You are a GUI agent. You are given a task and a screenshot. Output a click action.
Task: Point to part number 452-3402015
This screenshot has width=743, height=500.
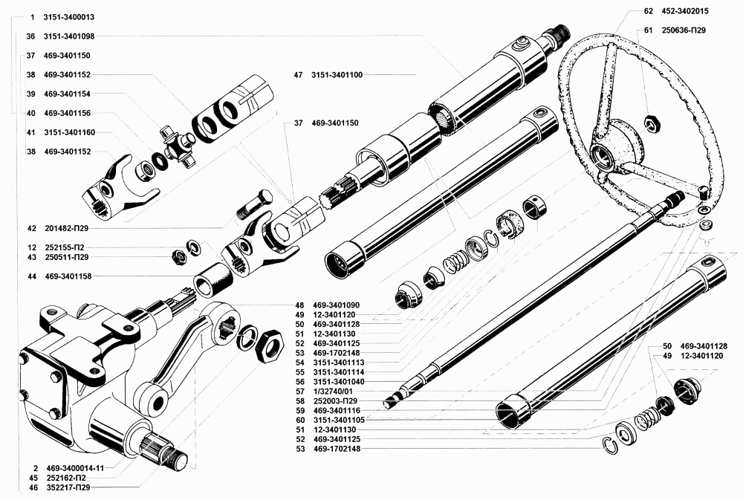point(681,11)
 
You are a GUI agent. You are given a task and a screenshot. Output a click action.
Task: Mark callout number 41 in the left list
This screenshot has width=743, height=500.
point(30,132)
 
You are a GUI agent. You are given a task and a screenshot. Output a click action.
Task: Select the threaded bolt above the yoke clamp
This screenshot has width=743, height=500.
point(256,205)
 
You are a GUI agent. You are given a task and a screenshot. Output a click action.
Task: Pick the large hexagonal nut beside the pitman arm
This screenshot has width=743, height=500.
point(270,345)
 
